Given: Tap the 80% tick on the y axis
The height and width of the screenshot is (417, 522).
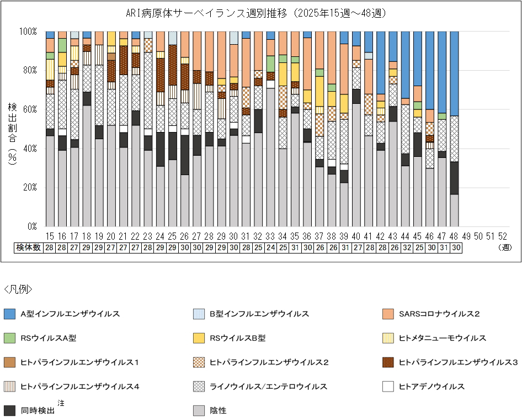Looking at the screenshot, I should coord(29,70).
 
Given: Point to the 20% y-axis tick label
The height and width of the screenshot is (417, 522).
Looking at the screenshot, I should coord(29,187).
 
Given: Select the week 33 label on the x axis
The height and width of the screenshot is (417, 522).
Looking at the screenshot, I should coord(270,236).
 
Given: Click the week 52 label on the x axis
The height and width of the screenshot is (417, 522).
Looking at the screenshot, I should coord(503,236).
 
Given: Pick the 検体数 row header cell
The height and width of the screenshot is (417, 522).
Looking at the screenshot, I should coord(28,247).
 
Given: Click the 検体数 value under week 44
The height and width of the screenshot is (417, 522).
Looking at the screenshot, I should coord(406,247).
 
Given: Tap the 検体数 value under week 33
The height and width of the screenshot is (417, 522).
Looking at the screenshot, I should coord(270,247).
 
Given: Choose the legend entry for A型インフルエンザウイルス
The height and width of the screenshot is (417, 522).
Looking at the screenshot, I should coord(70,314).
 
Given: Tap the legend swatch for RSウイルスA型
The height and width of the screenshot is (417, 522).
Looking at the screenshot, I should coord(9,338).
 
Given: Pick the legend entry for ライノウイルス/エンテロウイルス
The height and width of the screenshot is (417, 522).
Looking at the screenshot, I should coord(268,386).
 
